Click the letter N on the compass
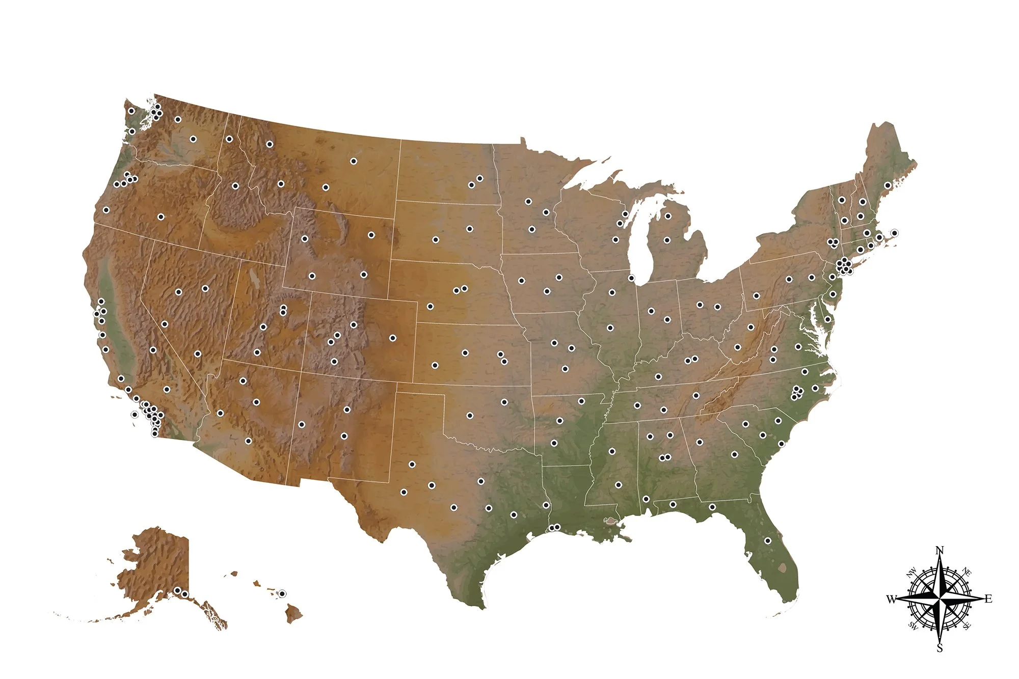click(940, 550)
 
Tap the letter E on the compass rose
click(988, 599)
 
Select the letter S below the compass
click(940, 648)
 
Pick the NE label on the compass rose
click(967, 572)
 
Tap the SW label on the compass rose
click(913, 626)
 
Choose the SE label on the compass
click(967, 625)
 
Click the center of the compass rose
click(940, 599)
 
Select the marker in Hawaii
click(282, 593)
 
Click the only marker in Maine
click(888, 185)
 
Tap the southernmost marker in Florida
click(768, 541)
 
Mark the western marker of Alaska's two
click(177, 590)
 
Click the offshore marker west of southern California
click(135, 415)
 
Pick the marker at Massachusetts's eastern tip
click(894, 233)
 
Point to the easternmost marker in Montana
click(354, 161)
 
